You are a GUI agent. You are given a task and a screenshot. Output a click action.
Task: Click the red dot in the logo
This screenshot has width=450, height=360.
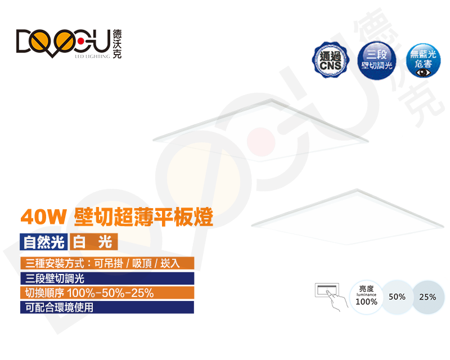pos(81,40)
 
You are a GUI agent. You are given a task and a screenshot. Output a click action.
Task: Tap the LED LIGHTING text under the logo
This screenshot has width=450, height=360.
pos(92,57)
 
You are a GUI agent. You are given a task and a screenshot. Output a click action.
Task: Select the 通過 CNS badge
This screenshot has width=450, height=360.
pos(330,61)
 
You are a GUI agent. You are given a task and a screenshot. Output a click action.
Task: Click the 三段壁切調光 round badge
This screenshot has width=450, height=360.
pos(377,61)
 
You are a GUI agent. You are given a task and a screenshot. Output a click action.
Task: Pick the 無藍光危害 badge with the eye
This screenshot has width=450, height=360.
pos(423,61)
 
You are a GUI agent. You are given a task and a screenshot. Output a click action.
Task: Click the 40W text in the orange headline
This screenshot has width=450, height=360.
pos(44,217)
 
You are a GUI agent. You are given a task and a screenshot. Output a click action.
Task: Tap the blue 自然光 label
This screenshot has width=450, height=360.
pos(44,242)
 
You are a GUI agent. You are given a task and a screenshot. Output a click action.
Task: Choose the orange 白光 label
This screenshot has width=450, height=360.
pos(93,242)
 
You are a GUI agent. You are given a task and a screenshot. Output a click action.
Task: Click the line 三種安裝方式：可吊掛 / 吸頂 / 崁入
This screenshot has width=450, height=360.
pos(107,263)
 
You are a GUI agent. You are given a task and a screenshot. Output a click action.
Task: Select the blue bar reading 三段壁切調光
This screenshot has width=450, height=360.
pos(107,278)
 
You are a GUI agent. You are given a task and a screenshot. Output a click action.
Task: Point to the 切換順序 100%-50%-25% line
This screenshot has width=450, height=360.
pos(107,293)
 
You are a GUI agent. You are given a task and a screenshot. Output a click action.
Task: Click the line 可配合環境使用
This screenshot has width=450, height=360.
pos(107,308)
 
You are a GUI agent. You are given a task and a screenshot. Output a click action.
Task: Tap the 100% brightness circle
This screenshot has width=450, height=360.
pos(366,296)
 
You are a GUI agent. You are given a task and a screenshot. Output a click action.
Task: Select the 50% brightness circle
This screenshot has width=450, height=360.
pos(397,296)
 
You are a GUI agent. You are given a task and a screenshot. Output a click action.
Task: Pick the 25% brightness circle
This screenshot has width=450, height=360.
pos(427,296)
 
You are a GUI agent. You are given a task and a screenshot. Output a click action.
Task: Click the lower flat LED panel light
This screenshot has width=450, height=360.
pos(348,217)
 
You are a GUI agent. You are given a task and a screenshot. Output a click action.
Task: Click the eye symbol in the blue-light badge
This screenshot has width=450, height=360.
pos(423,73)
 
